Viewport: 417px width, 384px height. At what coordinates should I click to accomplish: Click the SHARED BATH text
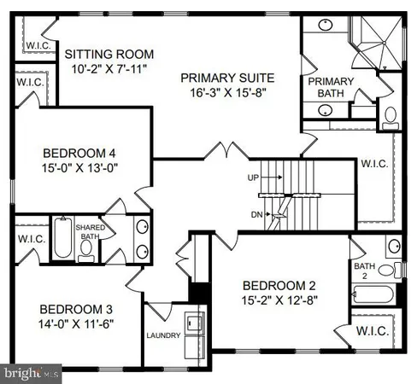(x=90, y=231)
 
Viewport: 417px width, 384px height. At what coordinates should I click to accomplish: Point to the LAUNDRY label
(x=163, y=335)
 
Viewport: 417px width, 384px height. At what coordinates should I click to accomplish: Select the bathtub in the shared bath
(x=63, y=238)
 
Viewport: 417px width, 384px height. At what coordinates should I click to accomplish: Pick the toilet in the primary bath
(x=391, y=114)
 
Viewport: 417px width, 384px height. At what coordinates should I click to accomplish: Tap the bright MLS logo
(x=31, y=373)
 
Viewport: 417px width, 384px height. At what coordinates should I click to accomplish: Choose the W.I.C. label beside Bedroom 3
(x=31, y=238)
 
